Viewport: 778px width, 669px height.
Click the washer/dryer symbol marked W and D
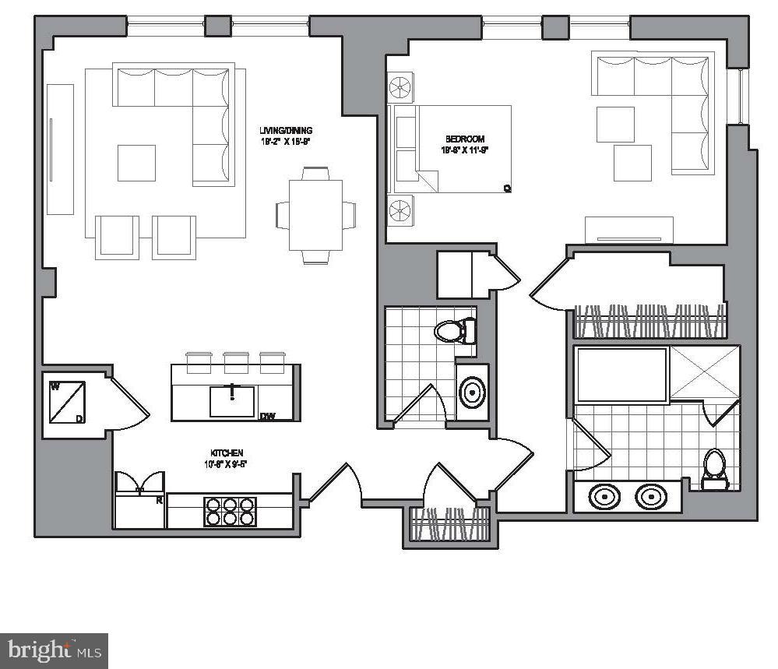67,402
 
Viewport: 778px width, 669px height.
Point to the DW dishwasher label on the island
268,415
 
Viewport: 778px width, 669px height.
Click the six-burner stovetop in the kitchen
231,511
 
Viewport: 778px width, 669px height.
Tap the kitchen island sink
232,400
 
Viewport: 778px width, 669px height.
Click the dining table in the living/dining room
315,214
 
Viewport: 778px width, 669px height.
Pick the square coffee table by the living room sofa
136,163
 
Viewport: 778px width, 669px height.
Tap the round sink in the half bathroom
472,393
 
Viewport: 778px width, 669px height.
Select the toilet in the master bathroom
714,469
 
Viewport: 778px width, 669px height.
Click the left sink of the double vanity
604,496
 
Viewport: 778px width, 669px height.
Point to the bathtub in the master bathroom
621,375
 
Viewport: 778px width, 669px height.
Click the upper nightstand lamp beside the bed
402,86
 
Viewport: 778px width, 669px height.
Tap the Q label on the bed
506,187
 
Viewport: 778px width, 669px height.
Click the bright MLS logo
54,650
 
